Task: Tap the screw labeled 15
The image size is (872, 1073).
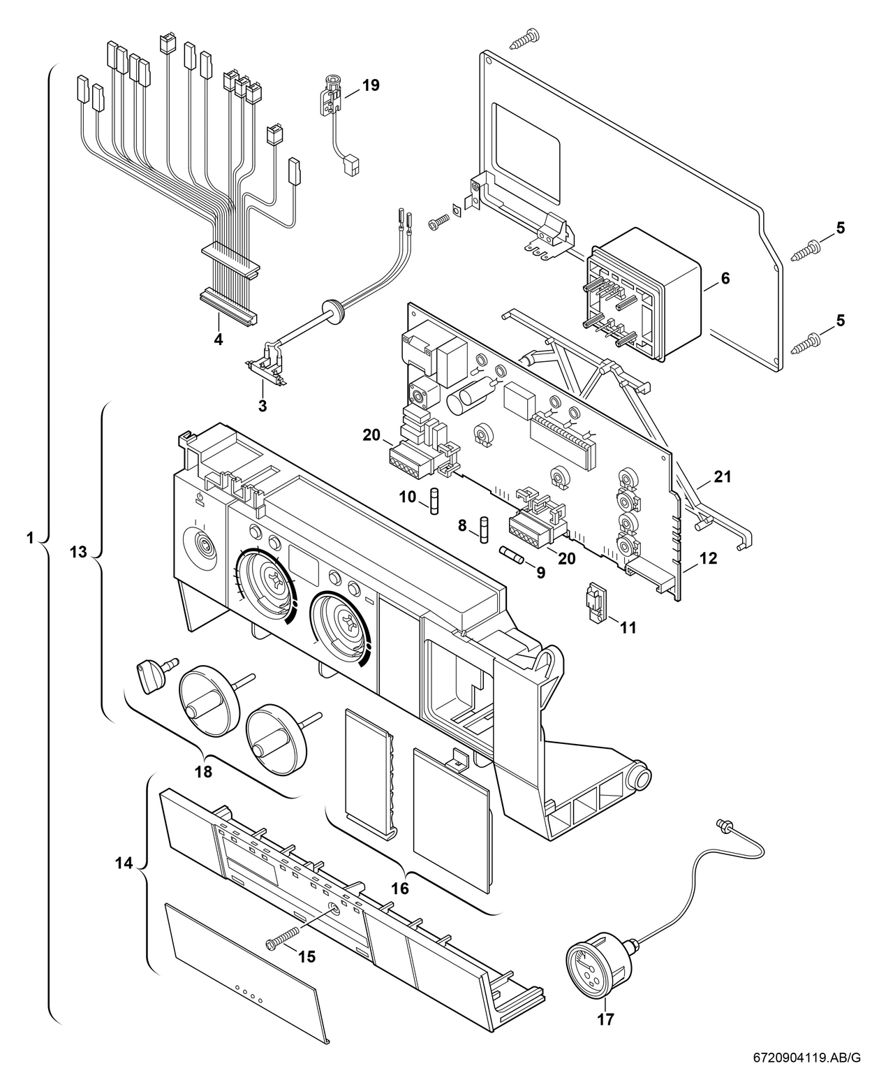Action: (283, 937)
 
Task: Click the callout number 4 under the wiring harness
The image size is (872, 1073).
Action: (219, 340)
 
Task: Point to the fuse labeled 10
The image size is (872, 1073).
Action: (434, 502)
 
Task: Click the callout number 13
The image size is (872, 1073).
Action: (79, 553)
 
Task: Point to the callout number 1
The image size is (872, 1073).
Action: (29, 538)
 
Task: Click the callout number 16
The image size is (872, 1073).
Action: (400, 889)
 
